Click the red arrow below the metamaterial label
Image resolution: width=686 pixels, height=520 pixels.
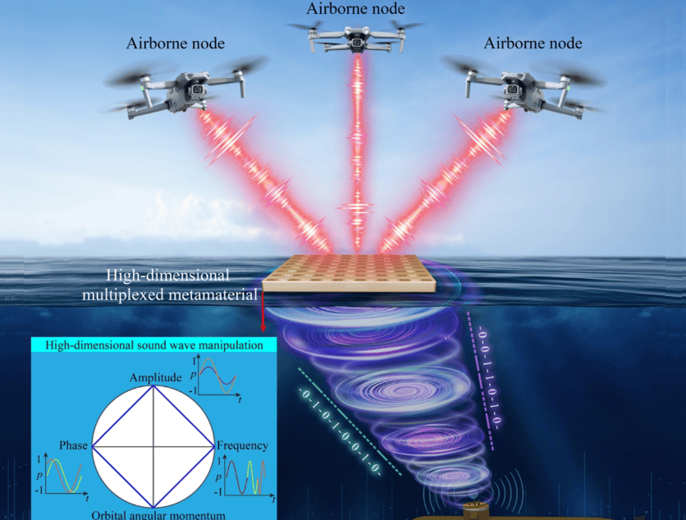[x=263, y=308]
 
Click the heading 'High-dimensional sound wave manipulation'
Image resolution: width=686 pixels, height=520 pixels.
[x=154, y=345]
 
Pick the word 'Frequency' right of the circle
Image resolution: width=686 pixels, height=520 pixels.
[x=242, y=445]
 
